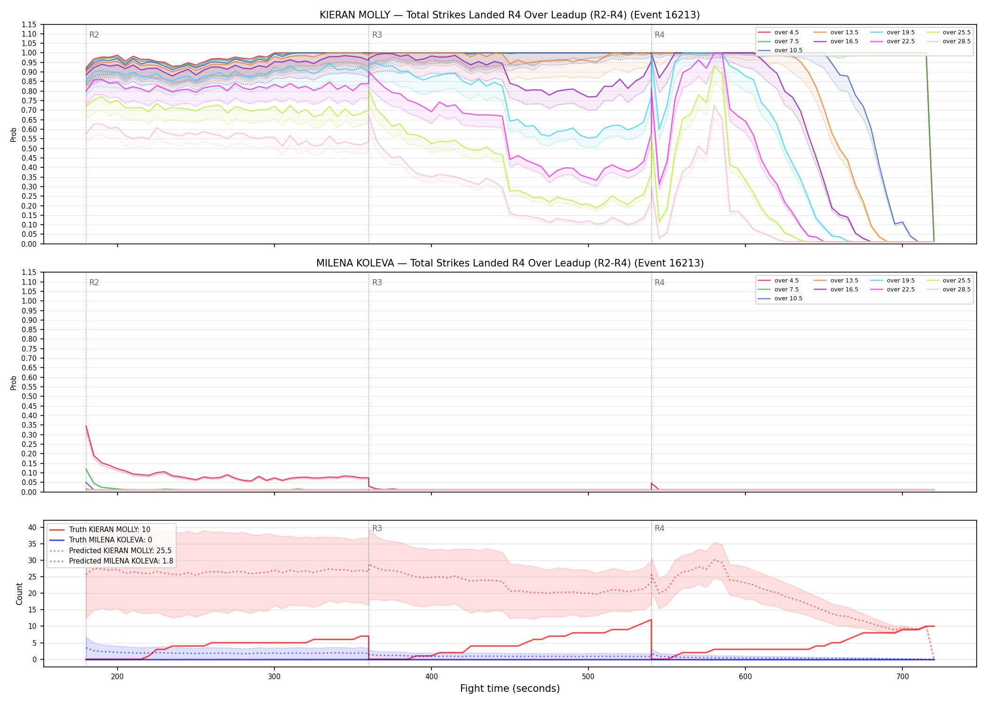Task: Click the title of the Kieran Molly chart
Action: (509, 15)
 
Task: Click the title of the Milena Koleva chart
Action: (509, 263)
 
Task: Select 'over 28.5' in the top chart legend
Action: (956, 41)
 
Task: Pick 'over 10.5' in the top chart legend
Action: (788, 50)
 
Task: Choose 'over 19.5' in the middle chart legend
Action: (901, 281)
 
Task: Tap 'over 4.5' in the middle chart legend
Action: (786, 281)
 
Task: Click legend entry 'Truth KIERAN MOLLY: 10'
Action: (110, 530)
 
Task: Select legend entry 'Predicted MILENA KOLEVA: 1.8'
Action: (121, 561)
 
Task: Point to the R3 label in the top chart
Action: (377, 35)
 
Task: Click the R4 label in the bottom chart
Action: (659, 528)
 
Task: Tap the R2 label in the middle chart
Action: (94, 282)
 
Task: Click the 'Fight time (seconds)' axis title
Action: (510, 689)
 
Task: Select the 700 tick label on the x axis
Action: (902, 676)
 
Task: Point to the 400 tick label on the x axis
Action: (431, 676)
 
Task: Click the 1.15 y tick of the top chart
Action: (29, 24)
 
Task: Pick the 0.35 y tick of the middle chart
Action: (29, 425)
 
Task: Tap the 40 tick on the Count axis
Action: (32, 527)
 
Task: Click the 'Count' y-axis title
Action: (19, 594)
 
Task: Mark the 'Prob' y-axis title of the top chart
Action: (14, 134)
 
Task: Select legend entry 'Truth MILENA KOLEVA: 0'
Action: (110, 540)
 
